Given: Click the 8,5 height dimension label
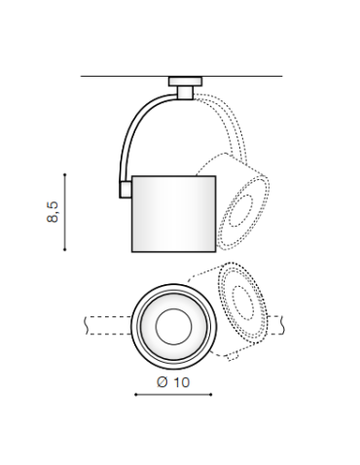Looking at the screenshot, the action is (53, 212).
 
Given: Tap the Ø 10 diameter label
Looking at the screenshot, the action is (173, 382).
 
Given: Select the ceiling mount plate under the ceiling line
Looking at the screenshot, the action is (185, 82).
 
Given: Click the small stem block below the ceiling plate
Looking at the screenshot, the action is (185, 92).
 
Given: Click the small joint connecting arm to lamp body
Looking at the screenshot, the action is (126, 190).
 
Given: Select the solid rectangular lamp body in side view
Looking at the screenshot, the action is (174, 214).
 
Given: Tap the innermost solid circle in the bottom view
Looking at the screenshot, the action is (173, 327).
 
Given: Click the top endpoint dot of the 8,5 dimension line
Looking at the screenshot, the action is (65, 174).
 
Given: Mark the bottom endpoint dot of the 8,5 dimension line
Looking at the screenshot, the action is (65, 249).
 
